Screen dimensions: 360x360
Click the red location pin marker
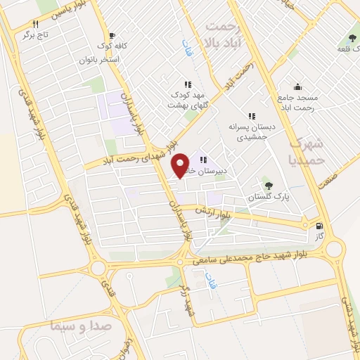[181, 165]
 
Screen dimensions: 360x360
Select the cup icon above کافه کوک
[112, 34]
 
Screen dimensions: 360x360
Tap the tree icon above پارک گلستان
[268, 185]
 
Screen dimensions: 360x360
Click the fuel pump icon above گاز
[320, 226]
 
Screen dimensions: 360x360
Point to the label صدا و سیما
[77, 326]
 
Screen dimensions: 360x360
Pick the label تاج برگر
[34, 34]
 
